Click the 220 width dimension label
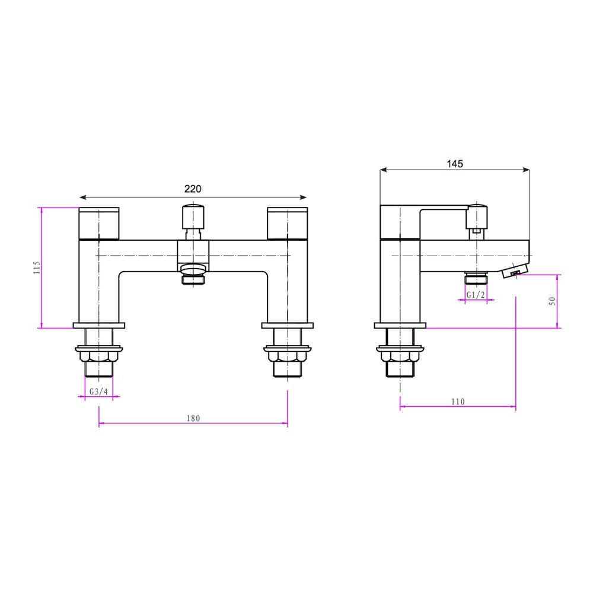coord(193,189)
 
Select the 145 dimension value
coord(455,164)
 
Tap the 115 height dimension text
coord(37,267)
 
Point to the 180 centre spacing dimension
coord(193,418)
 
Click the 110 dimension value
coord(457,401)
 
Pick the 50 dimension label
coord(553,301)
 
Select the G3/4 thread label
coord(99,392)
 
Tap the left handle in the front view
coord(99,223)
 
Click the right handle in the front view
coord(288,223)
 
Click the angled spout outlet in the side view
coord(515,271)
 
